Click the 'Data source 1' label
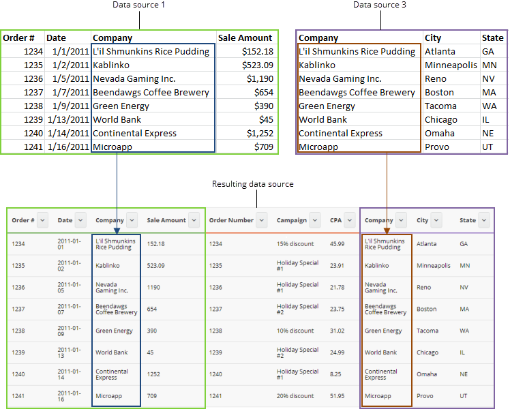click(x=139, y=5)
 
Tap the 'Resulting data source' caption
click(x=252, y=184)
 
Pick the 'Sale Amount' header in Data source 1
click(x=245, y=38)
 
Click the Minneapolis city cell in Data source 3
click(x=450, y=65)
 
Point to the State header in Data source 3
click(x=492, y=38)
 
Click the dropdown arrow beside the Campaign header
click(x=315, y=220)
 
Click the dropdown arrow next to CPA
click(x=350, y=220)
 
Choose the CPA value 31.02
click(x=337, y=331)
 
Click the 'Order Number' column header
click(x=231, y=220)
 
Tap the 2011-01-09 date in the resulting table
click(x=69, y=331)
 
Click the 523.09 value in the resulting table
click(x=155, y=265)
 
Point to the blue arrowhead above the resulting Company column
click(x=117, y=230)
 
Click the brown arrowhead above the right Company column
click(x=387, y=230)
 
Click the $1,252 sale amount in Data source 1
click(x=260, y=134)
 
